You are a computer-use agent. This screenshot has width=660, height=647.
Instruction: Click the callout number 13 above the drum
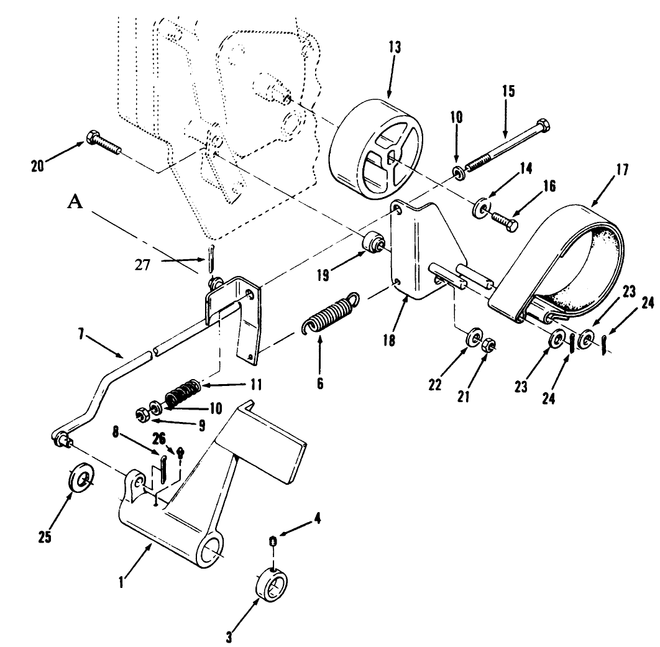point(395,47)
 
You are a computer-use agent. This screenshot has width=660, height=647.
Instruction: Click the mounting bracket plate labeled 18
point(423,249)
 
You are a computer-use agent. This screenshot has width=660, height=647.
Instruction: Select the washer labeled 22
point(474,339)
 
